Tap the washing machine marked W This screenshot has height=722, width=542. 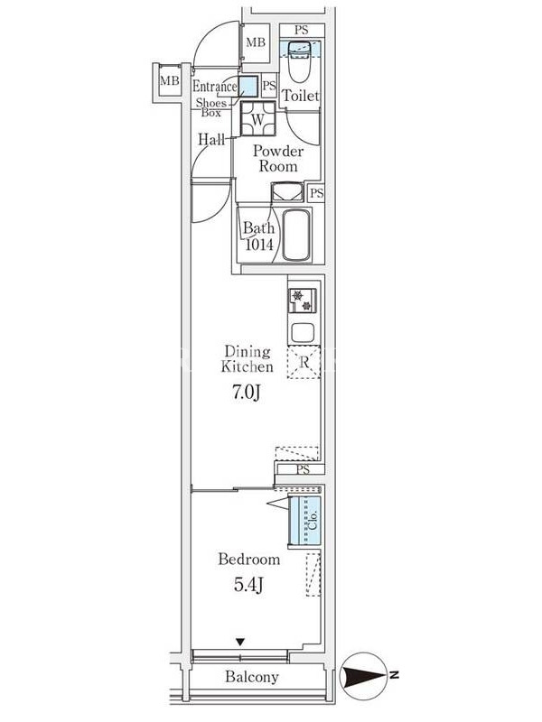(x=257, y=119)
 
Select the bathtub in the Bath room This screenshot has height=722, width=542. (x=295, y=236)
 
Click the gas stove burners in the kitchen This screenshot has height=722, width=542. (x=303, y=301)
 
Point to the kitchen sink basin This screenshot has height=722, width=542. (x=303, y=332)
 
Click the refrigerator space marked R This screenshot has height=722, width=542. (x=304, y=362)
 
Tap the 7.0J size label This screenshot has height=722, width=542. (x=247, y=393)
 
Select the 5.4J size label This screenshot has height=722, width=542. (x=248, y=585)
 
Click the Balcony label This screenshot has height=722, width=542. (x=252, y=677)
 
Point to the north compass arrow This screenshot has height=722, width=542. (x=364, y=676)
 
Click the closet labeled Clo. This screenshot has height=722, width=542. (x=304, y=521)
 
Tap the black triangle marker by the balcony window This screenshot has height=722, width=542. (x=239, y=642)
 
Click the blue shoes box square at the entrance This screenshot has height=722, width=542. (x=248, y=86)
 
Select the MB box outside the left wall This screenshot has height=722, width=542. (x=169, y=81)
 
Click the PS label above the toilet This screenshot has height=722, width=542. (x=302, y=31)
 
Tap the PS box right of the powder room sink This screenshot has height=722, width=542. (x=317, y=192)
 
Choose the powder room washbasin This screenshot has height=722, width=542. (x=287, y=192)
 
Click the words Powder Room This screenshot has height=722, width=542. (x=278, y=159)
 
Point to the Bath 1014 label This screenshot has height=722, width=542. (x=258, y=236)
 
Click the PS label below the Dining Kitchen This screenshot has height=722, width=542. (x=303, y=469)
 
